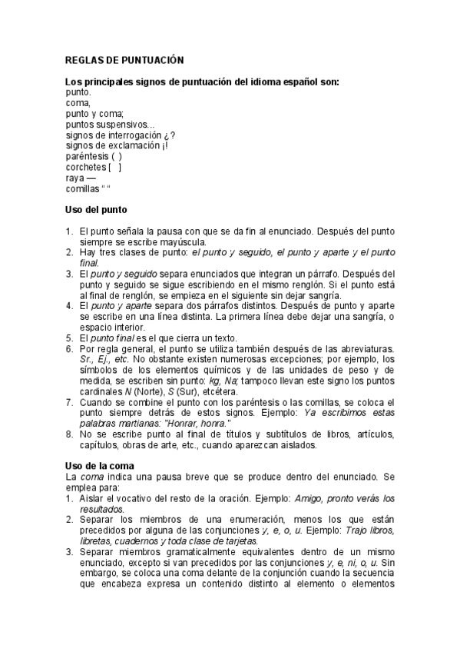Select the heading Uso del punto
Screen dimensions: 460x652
[x=97, y=209]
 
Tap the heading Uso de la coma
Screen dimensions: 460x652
[x=100, y=465]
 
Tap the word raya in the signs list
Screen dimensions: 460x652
[x=75, y=177]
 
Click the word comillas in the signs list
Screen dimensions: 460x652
[x=82, y=188]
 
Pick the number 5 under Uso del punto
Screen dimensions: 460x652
[x=69, y=338]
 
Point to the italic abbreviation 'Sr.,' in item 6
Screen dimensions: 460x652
[x=87, y=359]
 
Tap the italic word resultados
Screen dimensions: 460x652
[x=101, y=508]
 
